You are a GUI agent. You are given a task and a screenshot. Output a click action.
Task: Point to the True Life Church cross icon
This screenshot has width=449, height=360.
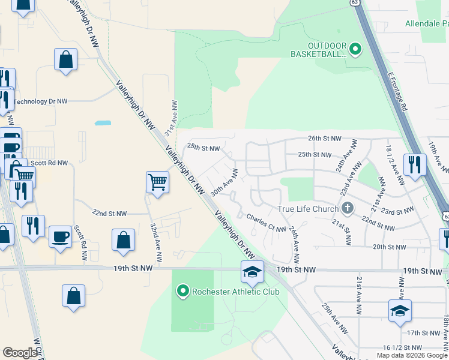tap(346, 209)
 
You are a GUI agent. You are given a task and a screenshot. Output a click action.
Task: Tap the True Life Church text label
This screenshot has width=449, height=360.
tap(307, 209)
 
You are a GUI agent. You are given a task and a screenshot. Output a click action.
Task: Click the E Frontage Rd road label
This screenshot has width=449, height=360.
tap(397, 89)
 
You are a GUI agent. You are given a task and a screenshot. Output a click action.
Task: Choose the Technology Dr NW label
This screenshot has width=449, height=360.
tap(40, 101)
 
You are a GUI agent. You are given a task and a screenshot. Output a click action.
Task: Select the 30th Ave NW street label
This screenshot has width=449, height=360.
tap(224, 182)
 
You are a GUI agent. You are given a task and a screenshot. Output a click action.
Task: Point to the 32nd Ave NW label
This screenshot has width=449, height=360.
tap(155, 242)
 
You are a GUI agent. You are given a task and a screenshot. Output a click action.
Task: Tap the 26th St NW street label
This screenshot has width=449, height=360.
tap(324, 138)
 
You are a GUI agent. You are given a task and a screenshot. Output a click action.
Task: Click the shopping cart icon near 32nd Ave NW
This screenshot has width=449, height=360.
tap(157, 181)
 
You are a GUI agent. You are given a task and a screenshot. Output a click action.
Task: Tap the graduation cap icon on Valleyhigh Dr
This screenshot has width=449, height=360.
tap(252, 272)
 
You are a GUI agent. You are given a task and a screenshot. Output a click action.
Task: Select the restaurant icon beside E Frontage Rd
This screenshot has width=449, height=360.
tap(415, 164)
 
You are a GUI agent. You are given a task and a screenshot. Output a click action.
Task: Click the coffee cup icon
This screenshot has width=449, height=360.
tap(59, 236)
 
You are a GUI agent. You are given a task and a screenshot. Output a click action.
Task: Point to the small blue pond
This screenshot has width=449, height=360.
tap(103, 123)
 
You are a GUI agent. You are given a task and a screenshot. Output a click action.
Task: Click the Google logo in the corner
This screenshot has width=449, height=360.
tap(20, 353)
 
